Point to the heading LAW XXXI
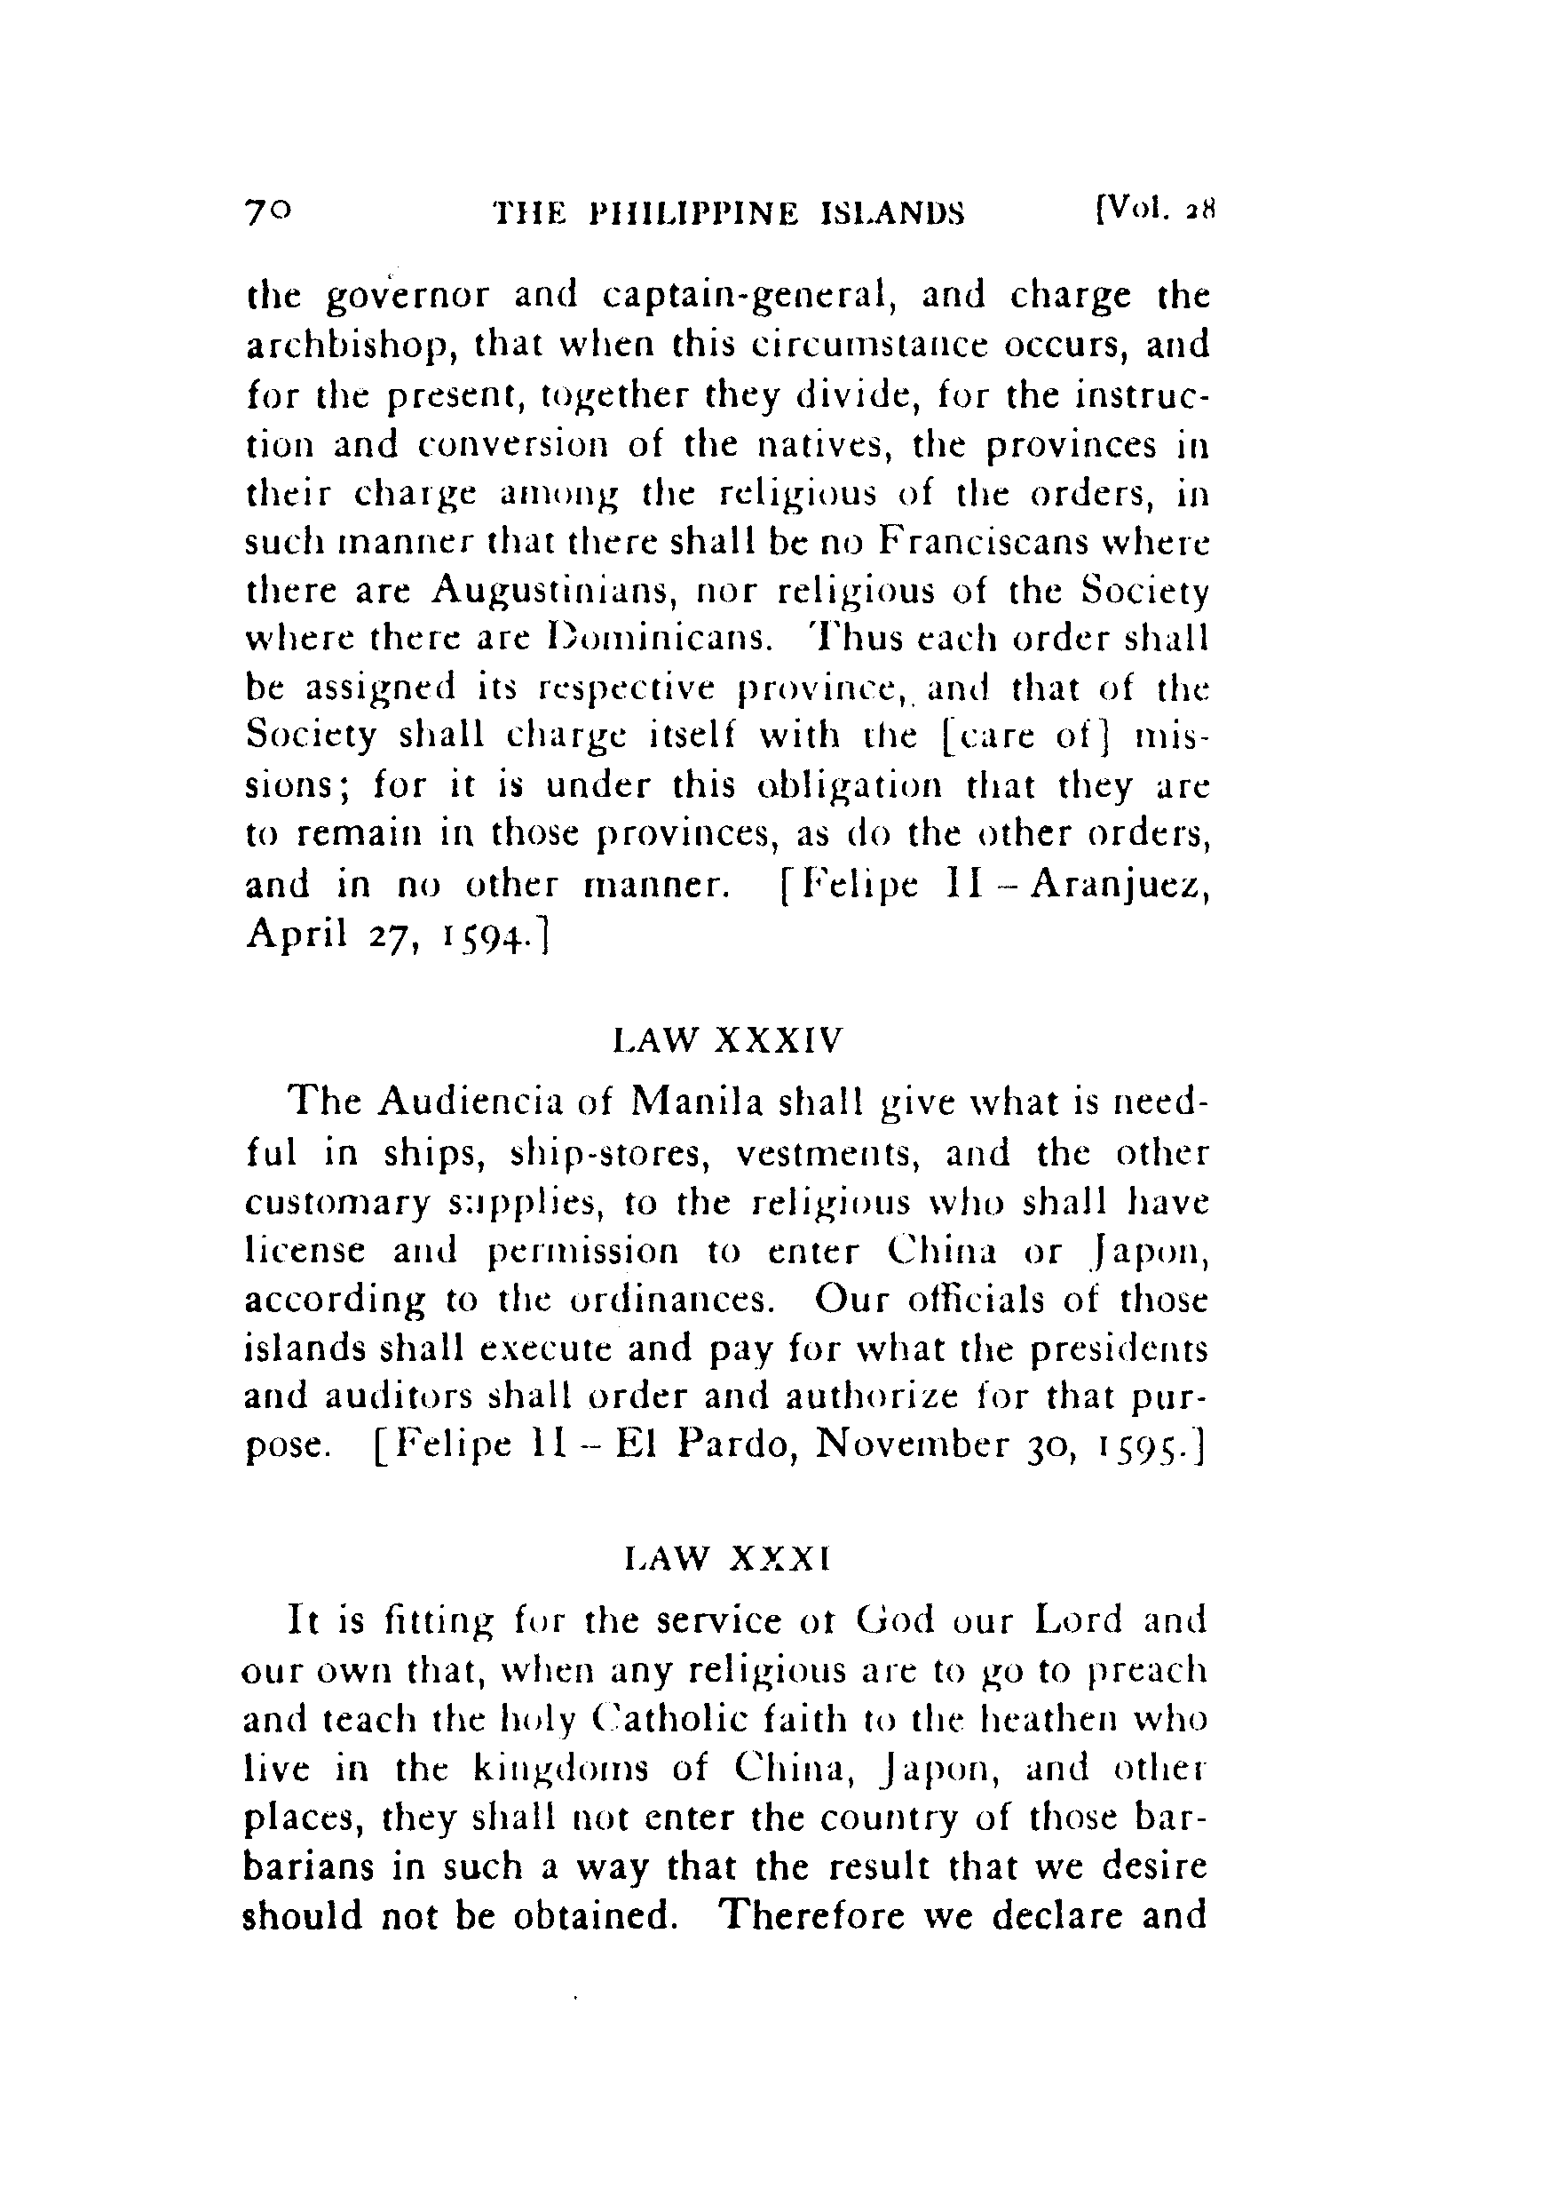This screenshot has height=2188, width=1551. tap(726, 1559)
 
